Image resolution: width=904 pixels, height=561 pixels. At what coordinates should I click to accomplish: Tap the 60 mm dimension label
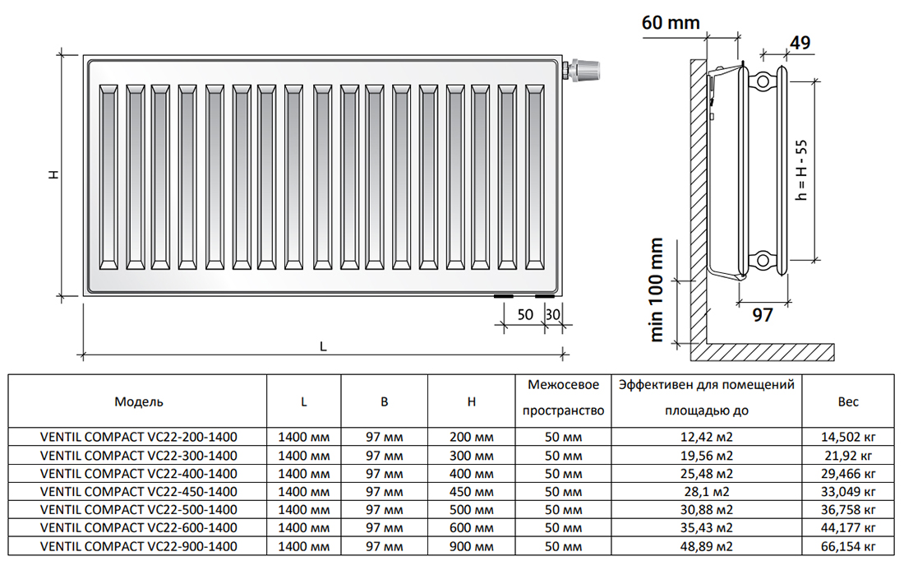pos(671,22)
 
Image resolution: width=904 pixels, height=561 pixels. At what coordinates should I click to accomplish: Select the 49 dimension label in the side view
pos(800,42)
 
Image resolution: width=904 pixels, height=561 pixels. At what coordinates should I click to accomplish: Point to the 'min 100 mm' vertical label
pos(656,290)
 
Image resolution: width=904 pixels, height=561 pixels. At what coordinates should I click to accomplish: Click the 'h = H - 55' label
pos(801,170)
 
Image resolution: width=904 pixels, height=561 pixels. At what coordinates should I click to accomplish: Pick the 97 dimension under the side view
pos(762,314)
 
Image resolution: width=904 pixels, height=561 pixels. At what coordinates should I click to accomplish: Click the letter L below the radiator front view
pos(323,346)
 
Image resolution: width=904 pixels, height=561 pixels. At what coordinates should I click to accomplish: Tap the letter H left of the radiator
pos(53,174)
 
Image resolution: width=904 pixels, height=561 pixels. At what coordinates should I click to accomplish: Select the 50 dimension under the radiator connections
pos(525,314)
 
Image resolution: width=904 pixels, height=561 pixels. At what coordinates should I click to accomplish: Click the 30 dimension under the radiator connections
pos(552,314)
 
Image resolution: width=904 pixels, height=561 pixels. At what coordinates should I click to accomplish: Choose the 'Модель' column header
pos(138,401)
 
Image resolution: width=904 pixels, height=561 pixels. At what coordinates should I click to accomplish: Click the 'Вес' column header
pos(848,401)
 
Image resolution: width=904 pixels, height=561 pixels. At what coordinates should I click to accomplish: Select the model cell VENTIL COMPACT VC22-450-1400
pos(138,492)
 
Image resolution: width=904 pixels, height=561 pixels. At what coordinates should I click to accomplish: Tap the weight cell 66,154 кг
pos(848,546)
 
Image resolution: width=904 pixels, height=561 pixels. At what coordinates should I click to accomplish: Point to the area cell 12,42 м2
pos(706,438)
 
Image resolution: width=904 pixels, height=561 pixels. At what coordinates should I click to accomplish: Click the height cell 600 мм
pos(471,528)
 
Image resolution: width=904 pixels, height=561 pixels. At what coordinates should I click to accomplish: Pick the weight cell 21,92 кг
pos(848,456)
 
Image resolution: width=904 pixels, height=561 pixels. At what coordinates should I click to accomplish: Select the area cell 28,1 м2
pos(706,492)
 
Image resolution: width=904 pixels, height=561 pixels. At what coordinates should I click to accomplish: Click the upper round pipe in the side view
pos(763,81)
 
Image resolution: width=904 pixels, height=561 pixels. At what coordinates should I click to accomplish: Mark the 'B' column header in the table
pos(385,401)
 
